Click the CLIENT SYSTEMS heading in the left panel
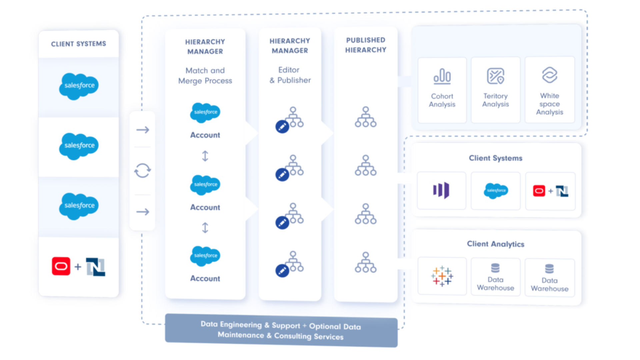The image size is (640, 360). pos(78,44)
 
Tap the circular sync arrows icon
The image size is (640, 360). pos(142,170)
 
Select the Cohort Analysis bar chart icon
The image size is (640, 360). pos(442,76)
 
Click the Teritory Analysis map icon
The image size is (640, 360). pos(495,76)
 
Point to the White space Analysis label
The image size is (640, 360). pos(549,104)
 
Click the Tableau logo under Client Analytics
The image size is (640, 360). pos(442,276)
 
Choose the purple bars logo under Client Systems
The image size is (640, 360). pos(441,191)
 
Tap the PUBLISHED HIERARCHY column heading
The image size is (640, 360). pos(366,45)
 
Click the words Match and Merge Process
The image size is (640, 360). pos(205,76)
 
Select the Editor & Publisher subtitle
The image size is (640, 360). pos(290,75)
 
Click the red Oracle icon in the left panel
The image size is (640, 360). pos(61,266)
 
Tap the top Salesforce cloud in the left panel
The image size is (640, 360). pos(79,86)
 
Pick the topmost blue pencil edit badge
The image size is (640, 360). pos(282,127)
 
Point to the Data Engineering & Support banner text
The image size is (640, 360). pos(281,330)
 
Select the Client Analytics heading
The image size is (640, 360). pos(495,244)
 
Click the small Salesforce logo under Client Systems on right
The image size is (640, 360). pos(496,191)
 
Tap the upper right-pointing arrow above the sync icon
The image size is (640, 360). pos(143,130)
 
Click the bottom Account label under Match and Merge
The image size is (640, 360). pos(205,278)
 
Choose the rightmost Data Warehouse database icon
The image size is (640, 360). pos(549,269)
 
